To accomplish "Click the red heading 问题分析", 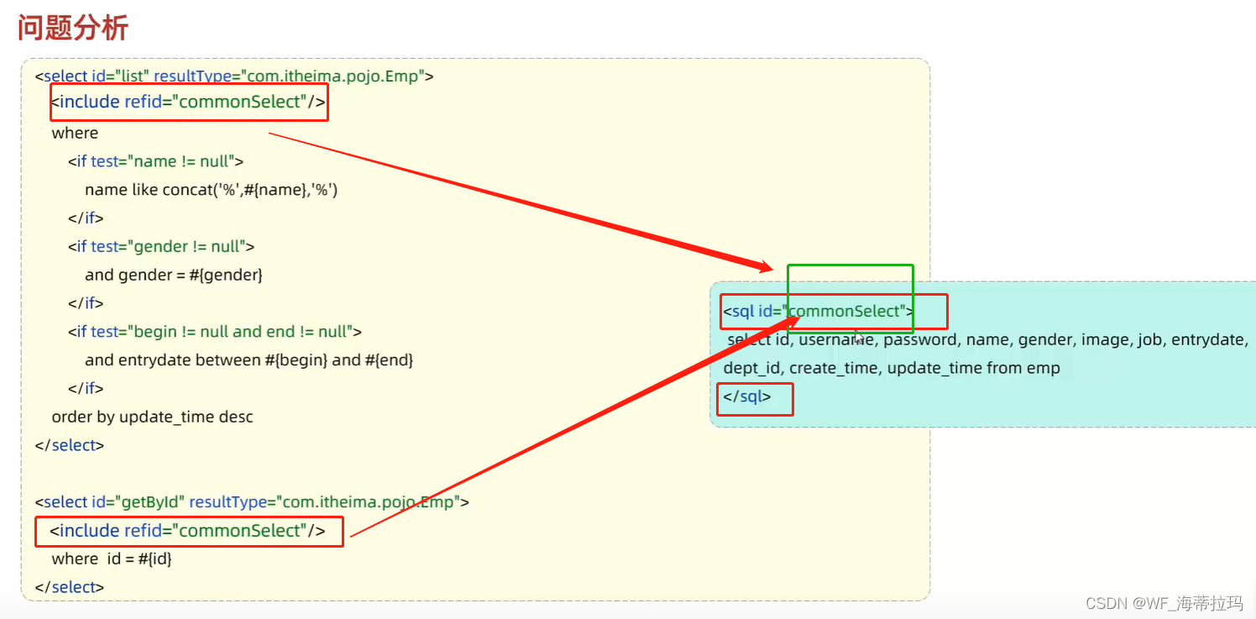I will (x=73, y=28).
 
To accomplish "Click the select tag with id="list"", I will (x=234, y=76).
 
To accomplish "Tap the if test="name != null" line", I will (x=156, y=161).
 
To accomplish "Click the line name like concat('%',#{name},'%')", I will (x=211, y=190).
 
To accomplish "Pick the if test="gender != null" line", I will (x=161, y=246).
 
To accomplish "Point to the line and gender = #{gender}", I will (x=174, y=275).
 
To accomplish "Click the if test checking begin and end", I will (x=215, y=332).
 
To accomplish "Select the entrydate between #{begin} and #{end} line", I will (x=249, y=360).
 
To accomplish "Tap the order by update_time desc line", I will (x=152, y=417).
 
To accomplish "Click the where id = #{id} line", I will (x=112, y=559).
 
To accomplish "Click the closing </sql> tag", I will (x=746, y=396).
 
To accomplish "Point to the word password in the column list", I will (x=920, y=340).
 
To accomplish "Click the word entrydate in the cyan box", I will (x=1209, y=340).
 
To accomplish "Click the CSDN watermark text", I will (x=1164, y=603).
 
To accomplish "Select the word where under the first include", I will (x=75, y=133).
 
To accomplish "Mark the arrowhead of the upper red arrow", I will (x=766, y=268).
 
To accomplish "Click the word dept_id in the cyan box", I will (x=752, y=368).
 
